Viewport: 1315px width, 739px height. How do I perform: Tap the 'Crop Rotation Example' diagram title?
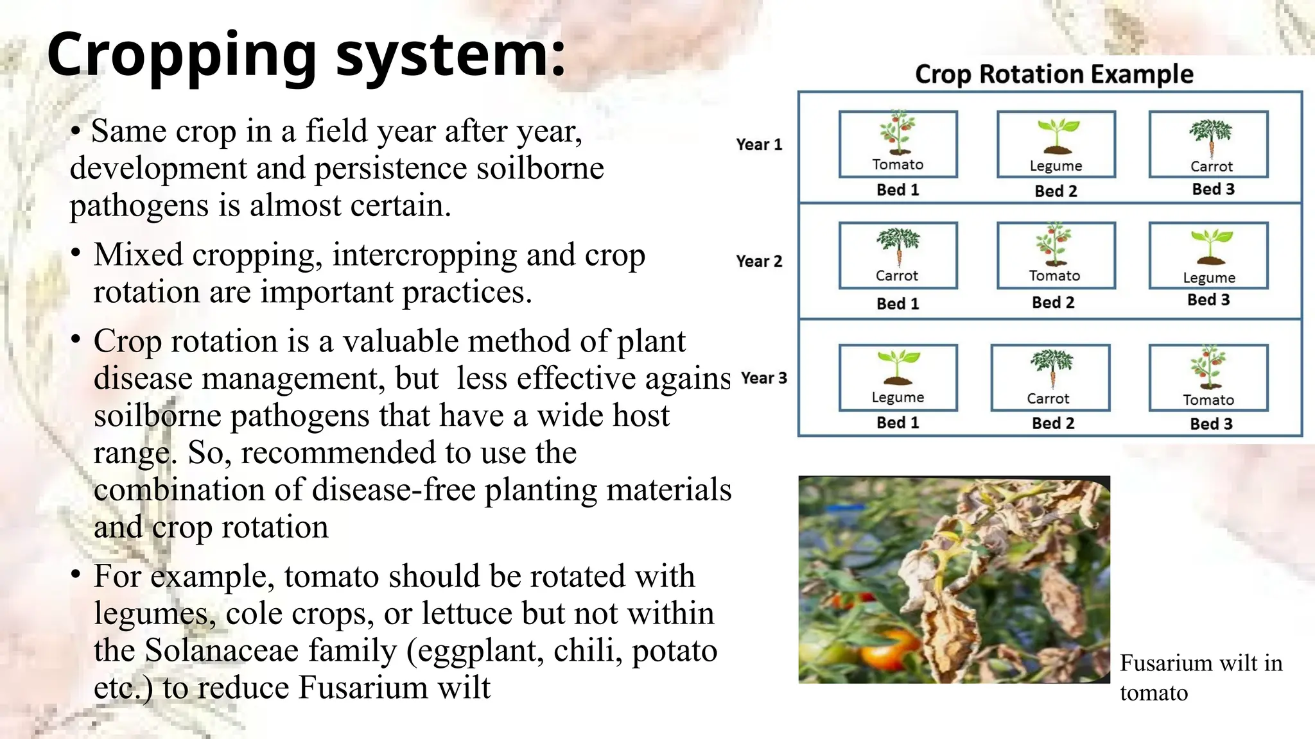coord(1054,74)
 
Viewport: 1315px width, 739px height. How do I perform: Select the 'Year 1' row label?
coord(759,144)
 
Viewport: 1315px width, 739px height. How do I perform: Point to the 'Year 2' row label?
coord(759,261)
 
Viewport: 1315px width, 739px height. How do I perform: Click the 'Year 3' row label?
coord(763,378)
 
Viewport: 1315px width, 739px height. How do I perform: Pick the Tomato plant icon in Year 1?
coord(898,133)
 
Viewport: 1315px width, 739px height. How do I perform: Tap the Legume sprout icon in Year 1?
coord(1056,135)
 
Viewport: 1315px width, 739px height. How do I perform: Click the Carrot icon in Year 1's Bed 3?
coord(1211,137)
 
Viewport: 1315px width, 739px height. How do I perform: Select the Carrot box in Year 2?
coord(898,255)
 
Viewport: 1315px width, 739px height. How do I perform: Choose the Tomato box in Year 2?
coord(1056,255)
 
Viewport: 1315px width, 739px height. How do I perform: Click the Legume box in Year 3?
coord(898,377)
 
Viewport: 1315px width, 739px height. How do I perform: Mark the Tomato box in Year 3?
coord(1208,377)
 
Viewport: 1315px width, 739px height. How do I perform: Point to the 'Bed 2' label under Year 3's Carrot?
coord(1052,423)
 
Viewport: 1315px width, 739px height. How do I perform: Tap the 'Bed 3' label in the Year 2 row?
coord(1208,300)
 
